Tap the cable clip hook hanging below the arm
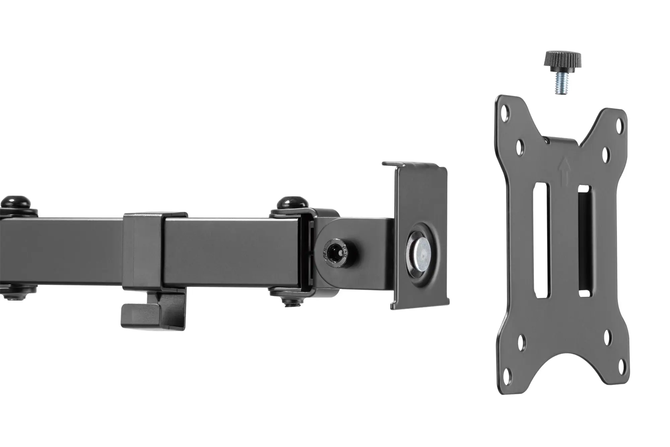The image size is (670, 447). tap(152, 310)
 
